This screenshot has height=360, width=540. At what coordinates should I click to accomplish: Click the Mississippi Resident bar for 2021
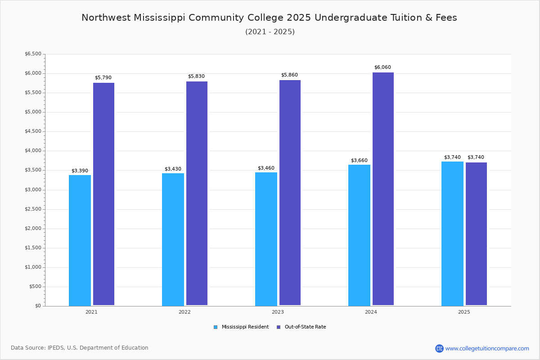click(x=80, y=240)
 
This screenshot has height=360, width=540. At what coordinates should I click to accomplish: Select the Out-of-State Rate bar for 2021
click(x=103, y=194)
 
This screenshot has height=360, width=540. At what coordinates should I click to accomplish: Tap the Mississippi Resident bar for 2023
click(x=266, y=239)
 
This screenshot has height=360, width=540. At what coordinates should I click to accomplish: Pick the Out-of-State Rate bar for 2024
click(x=383, y=189)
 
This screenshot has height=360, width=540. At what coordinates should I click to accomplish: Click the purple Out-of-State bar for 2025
click(x=476, y=234)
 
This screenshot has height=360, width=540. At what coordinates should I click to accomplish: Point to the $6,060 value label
click(x=382, y=67)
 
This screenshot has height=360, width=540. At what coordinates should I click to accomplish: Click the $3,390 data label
click(x=80, y=171)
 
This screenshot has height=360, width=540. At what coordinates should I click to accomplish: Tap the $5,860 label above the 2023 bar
click(x=289, y=75)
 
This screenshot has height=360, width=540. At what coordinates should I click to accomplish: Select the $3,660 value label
click(x=359, y=161)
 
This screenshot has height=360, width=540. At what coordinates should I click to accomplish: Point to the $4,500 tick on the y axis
click(x=33, y=131)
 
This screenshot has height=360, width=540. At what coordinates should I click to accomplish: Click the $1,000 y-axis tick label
click(x=33, y=267)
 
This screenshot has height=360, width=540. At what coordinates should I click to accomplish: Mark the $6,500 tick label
click(x=33, y=54)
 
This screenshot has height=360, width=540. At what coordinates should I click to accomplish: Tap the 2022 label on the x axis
click(x=184, y=312)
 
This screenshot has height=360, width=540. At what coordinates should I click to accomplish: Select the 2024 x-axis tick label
click(x=371, y=312)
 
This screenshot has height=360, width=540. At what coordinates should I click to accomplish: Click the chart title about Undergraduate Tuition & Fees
click(x=269, y=18)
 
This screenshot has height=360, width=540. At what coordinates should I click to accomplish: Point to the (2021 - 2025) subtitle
click(x=270, y=32)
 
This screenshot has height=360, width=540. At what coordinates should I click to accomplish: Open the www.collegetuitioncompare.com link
click(x=487, y=348)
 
